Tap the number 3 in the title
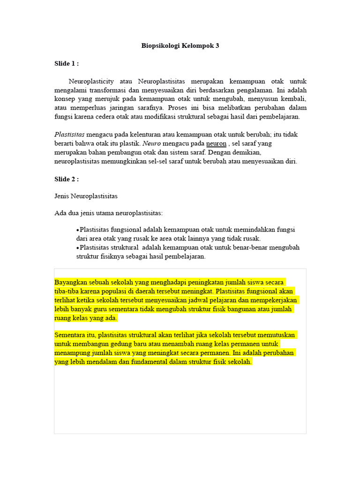217,46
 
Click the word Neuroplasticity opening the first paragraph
91,81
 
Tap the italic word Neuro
151,143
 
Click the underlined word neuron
216,143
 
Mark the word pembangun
130,152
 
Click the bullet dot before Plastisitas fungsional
78,230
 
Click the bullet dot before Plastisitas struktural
78,247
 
